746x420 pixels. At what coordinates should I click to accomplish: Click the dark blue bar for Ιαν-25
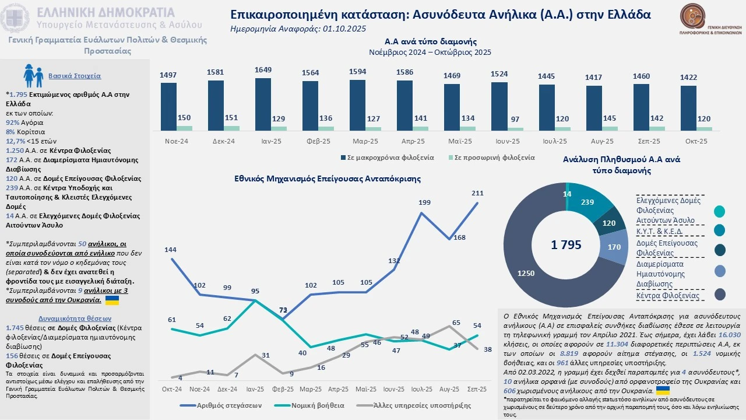263,104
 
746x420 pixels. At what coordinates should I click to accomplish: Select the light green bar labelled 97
515,128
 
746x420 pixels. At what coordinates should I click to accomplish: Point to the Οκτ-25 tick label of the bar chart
696,141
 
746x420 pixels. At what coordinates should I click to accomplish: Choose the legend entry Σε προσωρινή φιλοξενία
492,157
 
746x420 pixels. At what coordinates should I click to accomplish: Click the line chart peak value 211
477,193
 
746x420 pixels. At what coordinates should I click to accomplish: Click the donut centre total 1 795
566,245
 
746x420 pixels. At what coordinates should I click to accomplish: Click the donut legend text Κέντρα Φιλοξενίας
667,296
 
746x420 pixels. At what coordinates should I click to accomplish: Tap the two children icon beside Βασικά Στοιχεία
33,76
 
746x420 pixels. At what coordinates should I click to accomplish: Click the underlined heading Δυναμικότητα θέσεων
75,318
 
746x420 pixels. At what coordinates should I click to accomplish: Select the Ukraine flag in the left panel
111,300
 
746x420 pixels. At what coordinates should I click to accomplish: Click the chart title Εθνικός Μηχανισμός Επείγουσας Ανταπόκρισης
328,178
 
